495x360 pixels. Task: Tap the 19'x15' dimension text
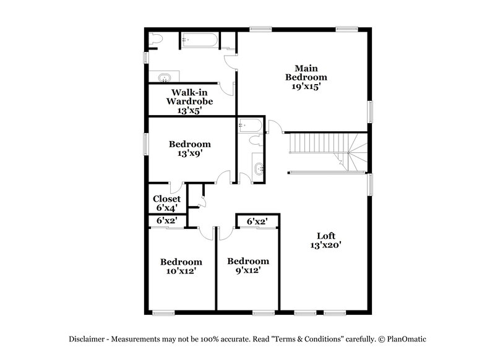(x=306, y=87)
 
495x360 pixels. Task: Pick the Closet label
(x=166, y=199)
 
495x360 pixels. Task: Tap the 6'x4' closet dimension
(x=166, y=208)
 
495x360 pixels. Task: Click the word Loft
(x=326, y=236)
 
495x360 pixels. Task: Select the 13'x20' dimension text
(x=326, y=245)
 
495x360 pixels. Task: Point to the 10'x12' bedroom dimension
(x=181, y=271)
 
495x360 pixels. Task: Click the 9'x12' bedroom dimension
(x=247, y=271)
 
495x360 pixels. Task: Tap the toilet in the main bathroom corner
(x=155, y=40)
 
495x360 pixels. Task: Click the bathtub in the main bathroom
(x=199, y=42)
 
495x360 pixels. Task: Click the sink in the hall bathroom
(x=259, y=168)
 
